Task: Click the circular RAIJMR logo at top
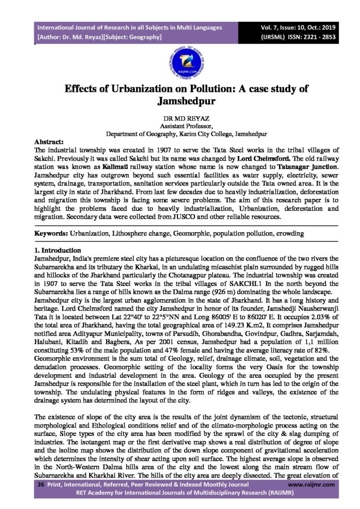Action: click(x=180, y=63)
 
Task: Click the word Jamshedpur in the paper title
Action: click(x=180, y=102)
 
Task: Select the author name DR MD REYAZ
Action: click(x=180, y=120)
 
